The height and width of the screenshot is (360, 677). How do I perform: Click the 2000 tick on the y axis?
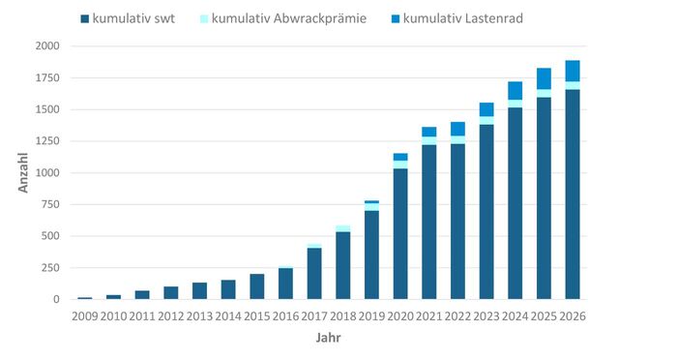click(x=45, y=46)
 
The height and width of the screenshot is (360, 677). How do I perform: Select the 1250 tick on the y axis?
click(x=45, y=141)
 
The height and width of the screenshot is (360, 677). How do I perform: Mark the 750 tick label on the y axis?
click(x=48, y=204)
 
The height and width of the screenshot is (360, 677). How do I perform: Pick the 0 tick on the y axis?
click(x=55, y=299)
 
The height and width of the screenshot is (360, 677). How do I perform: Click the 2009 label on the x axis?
click(x=85, y=315)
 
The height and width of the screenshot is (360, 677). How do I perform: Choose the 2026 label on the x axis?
click(x=573, y=315)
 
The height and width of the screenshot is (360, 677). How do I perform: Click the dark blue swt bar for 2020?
click(x=400, y=234)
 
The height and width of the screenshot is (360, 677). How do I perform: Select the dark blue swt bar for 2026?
click(x=573, y=195)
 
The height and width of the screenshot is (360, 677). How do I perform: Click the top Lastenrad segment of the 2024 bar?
click(x=515, y=90)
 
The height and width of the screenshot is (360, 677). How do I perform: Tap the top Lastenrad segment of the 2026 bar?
click(x=573, y=71)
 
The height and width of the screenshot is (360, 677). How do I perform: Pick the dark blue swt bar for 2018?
click(x=343, y=265)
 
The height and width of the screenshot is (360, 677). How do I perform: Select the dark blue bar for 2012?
click(x=171, y=292)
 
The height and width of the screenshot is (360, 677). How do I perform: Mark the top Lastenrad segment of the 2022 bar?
click(x=458, y=129)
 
